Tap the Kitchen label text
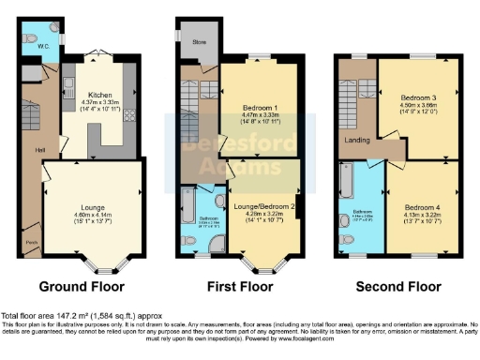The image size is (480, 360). click(100, 95)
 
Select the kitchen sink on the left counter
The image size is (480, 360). click(68, 91)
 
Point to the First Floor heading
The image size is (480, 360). click(242, 286)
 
